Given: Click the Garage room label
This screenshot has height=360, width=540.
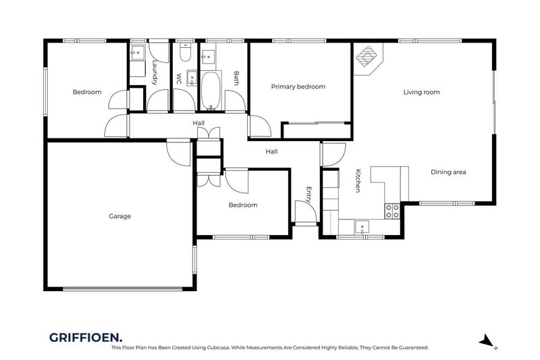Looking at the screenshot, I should coord(119,217).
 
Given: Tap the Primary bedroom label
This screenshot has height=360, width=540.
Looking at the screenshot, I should coord(298,86).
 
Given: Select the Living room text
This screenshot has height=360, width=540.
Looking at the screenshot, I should coord(422,93).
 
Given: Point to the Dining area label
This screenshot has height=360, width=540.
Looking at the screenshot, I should coord(448,172).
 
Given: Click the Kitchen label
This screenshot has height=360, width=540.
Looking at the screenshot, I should coord(358,181).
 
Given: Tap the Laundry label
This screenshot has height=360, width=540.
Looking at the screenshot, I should coord(155,73).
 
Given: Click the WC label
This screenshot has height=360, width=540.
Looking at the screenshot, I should coord(179,78).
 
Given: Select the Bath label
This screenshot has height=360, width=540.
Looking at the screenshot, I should coord(236,78).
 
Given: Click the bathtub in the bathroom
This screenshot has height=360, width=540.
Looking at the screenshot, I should coord(211,93).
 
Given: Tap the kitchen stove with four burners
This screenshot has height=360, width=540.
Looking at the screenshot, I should coord(391,211).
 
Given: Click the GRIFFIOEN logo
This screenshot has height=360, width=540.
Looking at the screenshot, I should coord(85,336).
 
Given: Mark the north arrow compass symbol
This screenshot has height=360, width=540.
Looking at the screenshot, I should coord(487,341).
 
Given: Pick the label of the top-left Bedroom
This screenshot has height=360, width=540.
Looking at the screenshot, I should coord(87,92).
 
